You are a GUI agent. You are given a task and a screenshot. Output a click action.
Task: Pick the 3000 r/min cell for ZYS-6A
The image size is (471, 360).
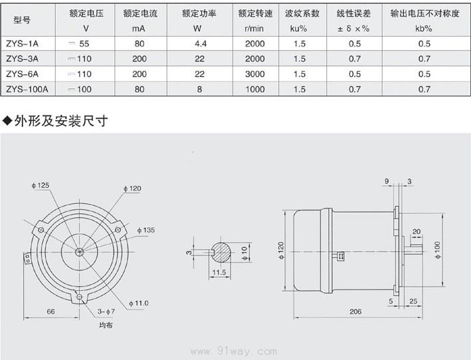[x=254, y=74]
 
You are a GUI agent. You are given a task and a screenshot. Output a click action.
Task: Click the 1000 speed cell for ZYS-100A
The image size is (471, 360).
[x=254, y=88]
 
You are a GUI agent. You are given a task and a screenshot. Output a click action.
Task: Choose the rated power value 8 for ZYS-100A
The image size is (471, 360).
[x=197, y=88]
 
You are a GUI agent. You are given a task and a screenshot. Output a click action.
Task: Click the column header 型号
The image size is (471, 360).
[x=22, y=21]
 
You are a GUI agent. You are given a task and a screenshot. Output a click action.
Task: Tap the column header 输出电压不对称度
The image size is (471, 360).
[x=423, y=13]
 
